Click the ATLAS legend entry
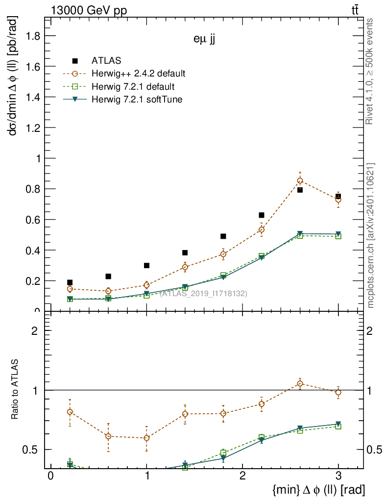click(x=106, y=61)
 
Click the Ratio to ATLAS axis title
click(x=15, y=389)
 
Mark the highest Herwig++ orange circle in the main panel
click(x=300, y=180)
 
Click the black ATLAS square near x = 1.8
click(x=223, y=236)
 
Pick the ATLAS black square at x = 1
click(x=146, y=265)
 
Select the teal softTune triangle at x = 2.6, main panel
click(x=300, y=234)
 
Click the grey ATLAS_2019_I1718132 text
click(x=203, y=293)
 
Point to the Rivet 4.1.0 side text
click(x=370, y=71)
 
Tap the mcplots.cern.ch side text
click(x=371, y=236)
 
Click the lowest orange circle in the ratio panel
click(x=146, y=438)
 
